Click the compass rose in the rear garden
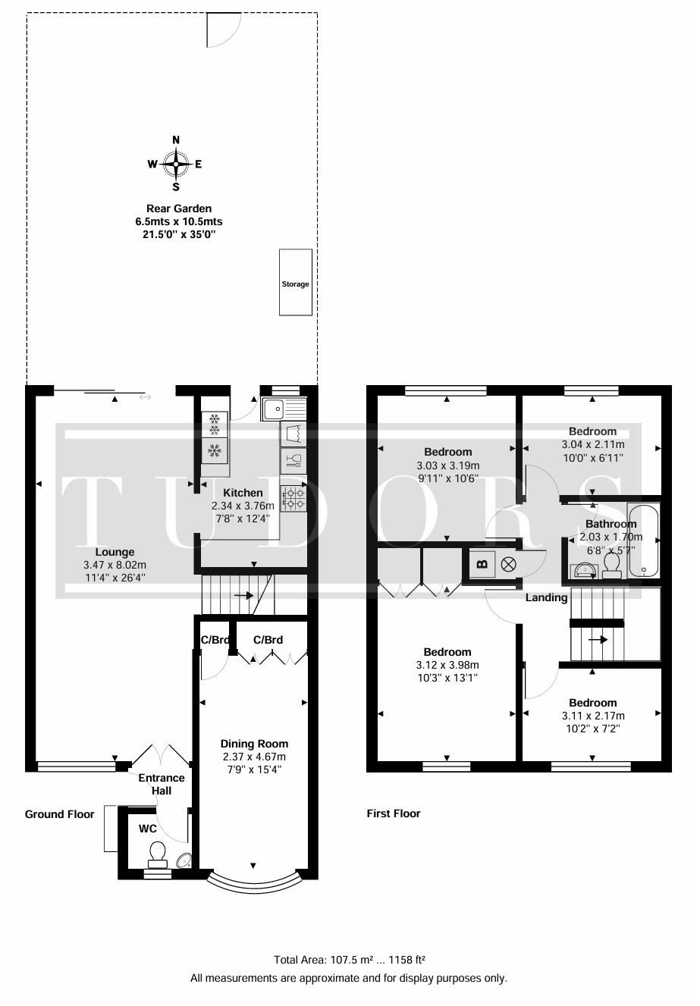pos(176,164)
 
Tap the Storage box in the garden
pos(296,283)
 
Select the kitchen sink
pos(284,409)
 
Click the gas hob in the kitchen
pos(293,499)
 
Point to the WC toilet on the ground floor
pos(157,856)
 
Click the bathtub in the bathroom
pos(643,541)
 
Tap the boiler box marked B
pos(482,564)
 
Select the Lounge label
pos(115,552)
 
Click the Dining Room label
pos(254,744)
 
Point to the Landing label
pos(546,597)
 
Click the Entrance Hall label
pos(162,784)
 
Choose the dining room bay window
pos(254,882)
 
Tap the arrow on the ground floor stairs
pos(243,596)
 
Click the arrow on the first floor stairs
pos(598,639)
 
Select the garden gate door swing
pos(224,30)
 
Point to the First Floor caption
pos(394,813)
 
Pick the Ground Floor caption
pos(59,814)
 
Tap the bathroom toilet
pos(611,566)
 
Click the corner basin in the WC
pos(184,860)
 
